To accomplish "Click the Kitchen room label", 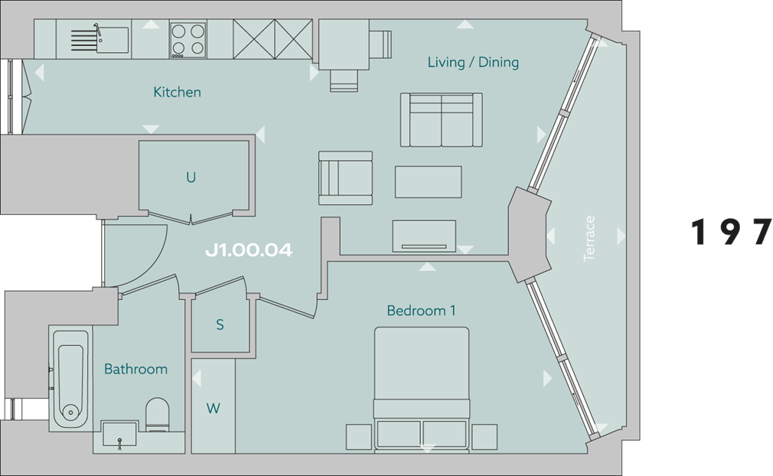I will (177, 93).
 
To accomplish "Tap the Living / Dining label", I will (473, 62).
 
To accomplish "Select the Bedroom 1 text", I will (421, 311).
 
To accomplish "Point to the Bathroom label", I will (135, 369).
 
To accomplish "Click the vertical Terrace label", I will (589, 239).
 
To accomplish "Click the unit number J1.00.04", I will (249, 250).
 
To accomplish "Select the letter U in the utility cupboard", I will (191, 178).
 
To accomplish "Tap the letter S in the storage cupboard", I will (220, 325).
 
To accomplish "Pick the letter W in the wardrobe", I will (213, 409).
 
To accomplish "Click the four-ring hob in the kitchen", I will (188, 40).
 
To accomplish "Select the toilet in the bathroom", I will (157, 413).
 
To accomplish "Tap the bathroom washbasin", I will (119, 434).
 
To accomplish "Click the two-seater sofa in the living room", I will (441, 120).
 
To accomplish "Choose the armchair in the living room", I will (345, 178).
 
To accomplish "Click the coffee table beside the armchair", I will (428, 182).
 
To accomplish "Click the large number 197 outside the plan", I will (732, 233).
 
